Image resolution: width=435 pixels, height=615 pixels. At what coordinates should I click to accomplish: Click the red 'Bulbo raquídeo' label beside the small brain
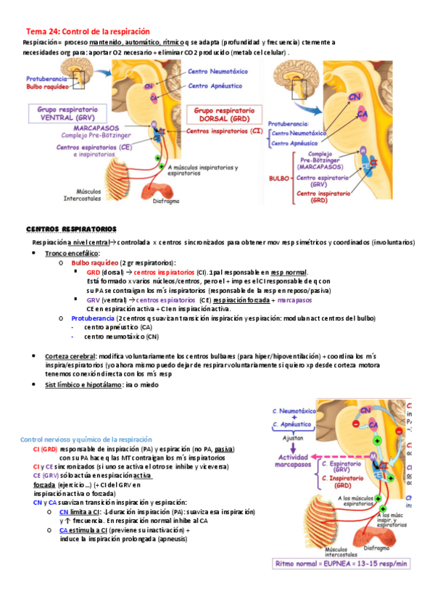[x=47, y=86]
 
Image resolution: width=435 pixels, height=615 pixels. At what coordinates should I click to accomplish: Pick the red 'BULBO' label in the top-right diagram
[x=278, y=176]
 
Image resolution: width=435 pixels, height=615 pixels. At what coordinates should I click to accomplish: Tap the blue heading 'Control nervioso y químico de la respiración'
[x=86, y=439]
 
